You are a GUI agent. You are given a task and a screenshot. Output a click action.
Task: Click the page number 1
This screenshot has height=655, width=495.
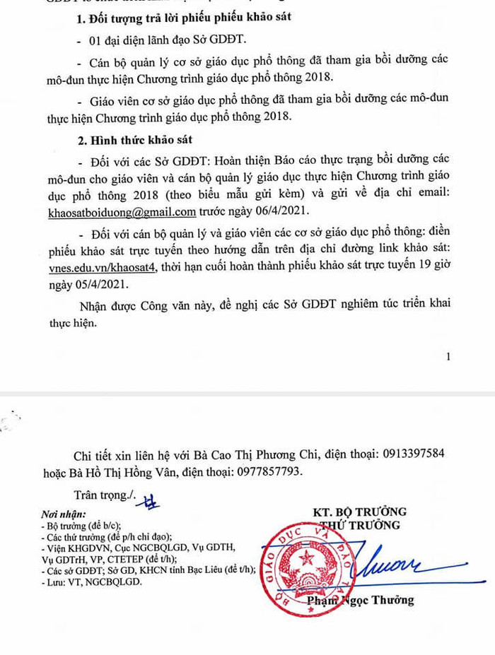(x=448, y=357)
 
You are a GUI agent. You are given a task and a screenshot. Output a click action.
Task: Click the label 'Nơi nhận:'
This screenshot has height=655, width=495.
(x=64, y=514)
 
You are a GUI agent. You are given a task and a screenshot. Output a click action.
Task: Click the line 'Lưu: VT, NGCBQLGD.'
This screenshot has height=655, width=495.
(x=92, y=582)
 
